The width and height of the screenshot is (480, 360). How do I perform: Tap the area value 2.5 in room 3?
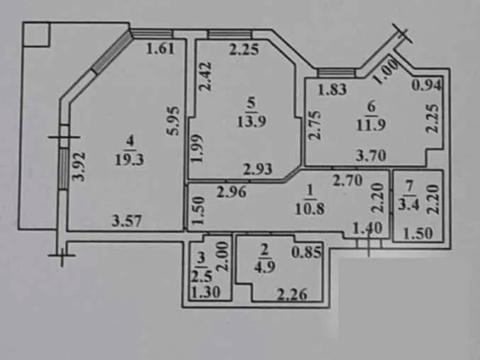(x=201, y=275)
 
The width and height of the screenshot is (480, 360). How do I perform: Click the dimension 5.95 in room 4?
(x=172, y=122)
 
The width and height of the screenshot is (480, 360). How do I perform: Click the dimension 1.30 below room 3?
(x=206, y=293)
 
